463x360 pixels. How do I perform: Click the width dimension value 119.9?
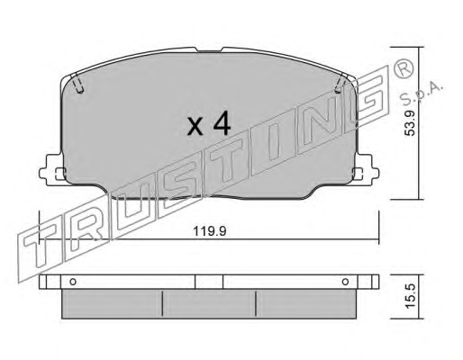209,231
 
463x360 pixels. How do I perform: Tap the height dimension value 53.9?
410,122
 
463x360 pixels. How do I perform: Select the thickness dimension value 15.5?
410,296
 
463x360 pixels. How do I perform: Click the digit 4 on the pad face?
222,124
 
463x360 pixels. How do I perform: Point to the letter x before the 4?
195,127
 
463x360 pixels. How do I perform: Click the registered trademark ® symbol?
402,70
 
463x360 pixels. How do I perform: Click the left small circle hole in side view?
73,282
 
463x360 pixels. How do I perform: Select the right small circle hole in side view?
345,282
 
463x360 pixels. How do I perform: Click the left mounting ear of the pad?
51,170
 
